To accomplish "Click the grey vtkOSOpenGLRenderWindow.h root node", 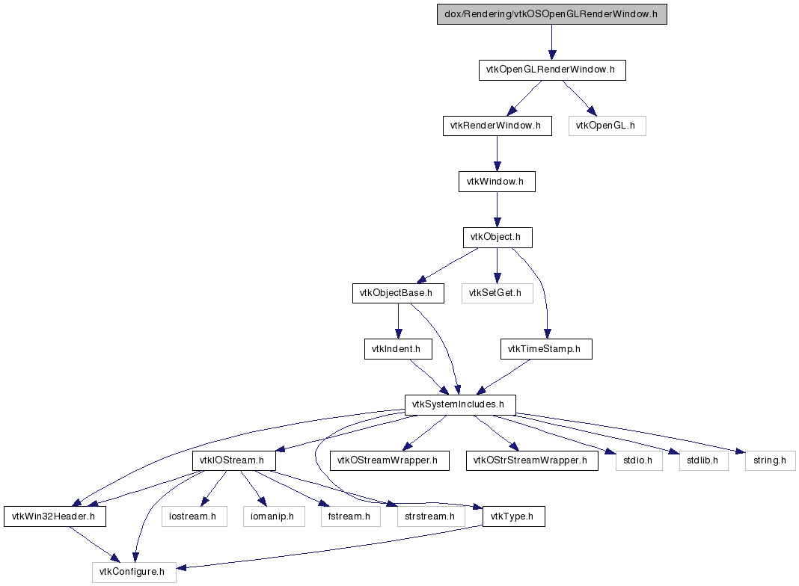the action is click(552, 14).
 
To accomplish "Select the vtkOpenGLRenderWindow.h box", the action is click(552, 70).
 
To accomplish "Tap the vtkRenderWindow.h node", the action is click(498, 126).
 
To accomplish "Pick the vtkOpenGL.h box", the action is click(607, 126).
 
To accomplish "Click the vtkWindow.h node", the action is click(497, 182).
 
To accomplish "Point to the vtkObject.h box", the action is click(498, 237).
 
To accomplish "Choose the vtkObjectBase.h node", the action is click(398, 293).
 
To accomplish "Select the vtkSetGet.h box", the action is click(498, 293).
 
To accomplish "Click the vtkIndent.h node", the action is click(398, 349).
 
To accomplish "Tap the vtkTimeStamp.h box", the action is click(546, 349).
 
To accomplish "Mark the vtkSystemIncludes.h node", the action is click(460, 405).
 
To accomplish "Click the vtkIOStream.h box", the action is click(234, 460).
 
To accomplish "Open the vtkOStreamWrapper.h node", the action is click(390, 460).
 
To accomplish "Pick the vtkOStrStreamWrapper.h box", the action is click(532, 460).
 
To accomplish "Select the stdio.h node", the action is click(639, 460).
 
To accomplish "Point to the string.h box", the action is click(770, 460).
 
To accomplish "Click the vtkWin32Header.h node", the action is click(55, 516).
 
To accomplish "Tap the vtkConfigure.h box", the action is click(134, 573).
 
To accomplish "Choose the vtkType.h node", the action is click(514, 516).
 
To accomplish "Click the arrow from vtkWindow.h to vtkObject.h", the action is click(497, 210).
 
